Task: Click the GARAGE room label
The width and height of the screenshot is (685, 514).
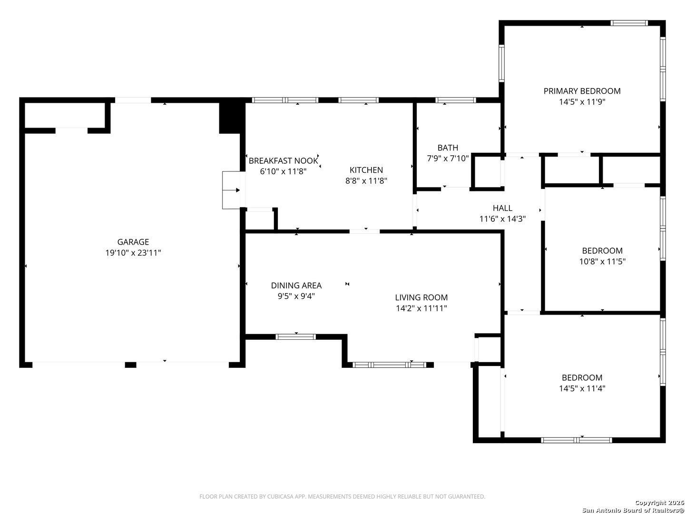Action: pyautogui.click(x=133, y=242)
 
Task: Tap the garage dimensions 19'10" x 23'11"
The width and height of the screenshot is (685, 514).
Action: pyautogui.click(x=133, y=253)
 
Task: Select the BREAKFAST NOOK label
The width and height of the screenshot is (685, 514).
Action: pyautogui.click(x=283, y=161)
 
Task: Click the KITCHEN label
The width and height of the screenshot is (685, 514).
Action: pyautogui.click(x=366, y=170)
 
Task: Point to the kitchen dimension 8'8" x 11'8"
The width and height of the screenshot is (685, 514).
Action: pyautogui.click(x=366, y=181)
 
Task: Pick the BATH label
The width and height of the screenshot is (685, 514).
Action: pyautogui.click(x=448, y=148)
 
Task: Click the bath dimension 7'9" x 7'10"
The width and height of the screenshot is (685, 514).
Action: pyautogui.click(x=448, y=158)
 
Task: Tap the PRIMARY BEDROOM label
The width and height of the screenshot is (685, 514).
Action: pyautogui.click(x=582, y=91)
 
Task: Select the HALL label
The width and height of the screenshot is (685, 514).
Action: pyautogui.click(x=502, y=208)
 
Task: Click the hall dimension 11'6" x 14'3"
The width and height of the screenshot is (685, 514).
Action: pyautogui.click(x=502, y=219)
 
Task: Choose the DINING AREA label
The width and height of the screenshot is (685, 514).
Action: pyautogui.click(x=296, y=285)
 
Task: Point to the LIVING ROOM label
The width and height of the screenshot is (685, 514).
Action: pyautogui.click(x=421, y=297)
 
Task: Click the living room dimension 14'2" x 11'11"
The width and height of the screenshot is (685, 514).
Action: pyautogui.click(x=421, y=308)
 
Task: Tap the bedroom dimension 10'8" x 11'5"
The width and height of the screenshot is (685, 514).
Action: pyautogui.click(x=602, y=262)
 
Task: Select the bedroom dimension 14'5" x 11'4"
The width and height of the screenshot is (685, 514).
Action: pyautogui.click(x=582, y=388)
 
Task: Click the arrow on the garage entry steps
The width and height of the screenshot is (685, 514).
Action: pyautogui.click(x=231, y=190)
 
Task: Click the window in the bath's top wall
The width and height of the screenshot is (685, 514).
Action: pyautogui.click(x=455, y=100)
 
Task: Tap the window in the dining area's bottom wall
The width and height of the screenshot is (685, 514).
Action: pyautogui.click(x=295, y=337)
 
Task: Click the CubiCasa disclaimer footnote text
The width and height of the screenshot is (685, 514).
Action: pyautogui.click(x=342, y=496)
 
